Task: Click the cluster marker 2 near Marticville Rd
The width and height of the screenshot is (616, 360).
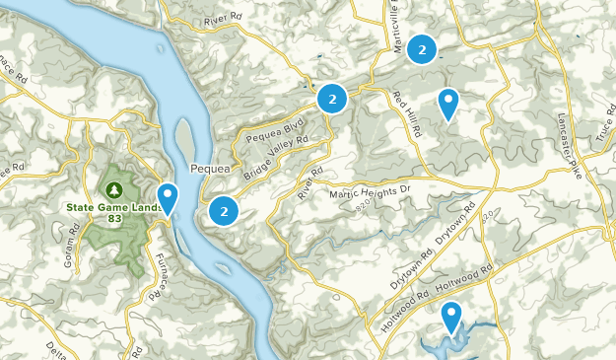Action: pyautogui.click(x=422, y=48)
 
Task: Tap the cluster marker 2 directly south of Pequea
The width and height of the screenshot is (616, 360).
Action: pyautogui.click(x=225, y=210)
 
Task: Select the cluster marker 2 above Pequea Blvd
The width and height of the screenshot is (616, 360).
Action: pyautogui.click(x=332, y=99)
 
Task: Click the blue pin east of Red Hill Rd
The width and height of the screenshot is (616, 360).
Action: pyautogui.click(x=448, y=103)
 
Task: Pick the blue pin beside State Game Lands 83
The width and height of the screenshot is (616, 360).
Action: pyautogui.click(x=169, y=198)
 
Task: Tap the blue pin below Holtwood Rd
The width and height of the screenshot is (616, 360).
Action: pyautogui.click(x=451, y=317)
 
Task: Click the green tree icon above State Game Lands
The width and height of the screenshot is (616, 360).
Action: pyautogui.click(x=115, y=188)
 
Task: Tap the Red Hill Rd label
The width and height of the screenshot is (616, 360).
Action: pyautogui.click(x=404, y=109)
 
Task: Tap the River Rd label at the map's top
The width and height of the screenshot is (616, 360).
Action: pyautogui.click(x=223, y=18)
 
